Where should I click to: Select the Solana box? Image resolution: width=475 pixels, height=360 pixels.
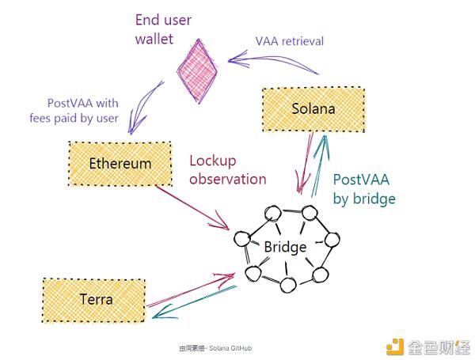click(313, 108)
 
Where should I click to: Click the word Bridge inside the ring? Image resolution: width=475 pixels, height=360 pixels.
click(285, 248)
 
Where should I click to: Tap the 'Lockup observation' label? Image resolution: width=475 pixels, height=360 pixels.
click(227, 169)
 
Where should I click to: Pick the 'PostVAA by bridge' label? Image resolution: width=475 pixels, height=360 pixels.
click(364, 189)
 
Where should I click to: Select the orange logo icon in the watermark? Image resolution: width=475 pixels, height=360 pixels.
click(393, 345)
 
